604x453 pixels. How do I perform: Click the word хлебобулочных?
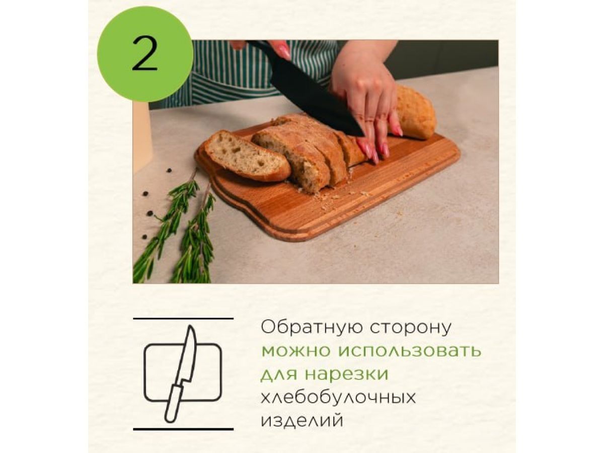tap(338, 397)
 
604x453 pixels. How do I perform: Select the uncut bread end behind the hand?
tap(415, 113)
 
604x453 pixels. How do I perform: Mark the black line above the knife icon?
tap(183, 319)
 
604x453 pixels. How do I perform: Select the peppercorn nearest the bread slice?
tap(169, 170)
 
